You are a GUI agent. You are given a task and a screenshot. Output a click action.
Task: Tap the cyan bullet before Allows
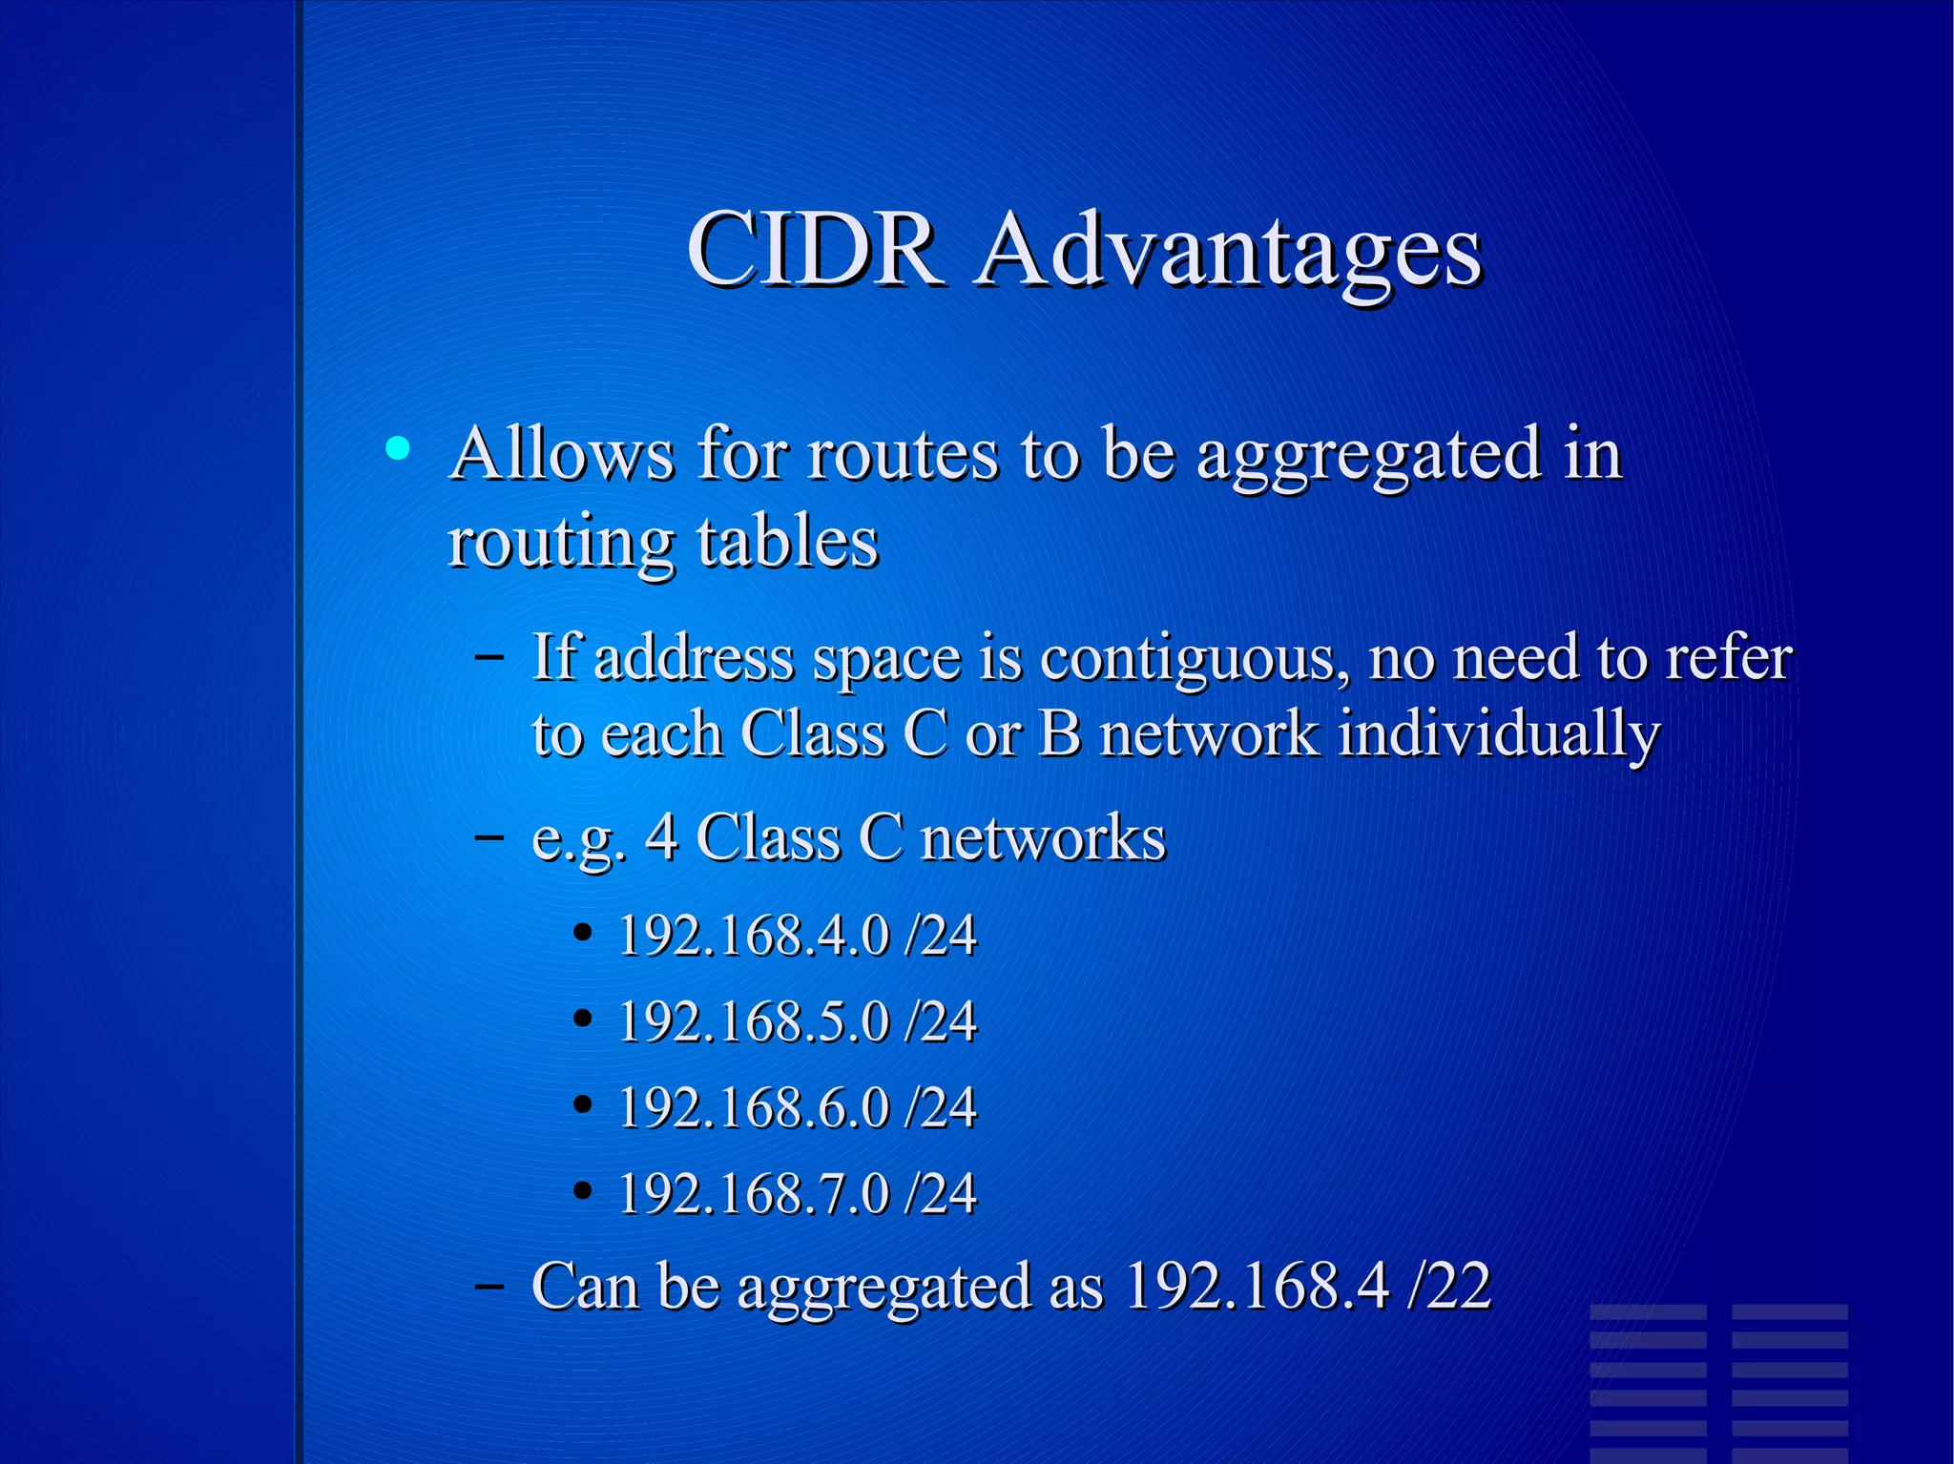[398, 448]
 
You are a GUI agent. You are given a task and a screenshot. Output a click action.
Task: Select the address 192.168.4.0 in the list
[754, 935]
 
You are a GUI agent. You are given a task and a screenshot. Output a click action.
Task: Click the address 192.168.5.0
[754, 1021]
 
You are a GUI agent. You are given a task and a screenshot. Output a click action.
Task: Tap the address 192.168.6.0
[754, 1107]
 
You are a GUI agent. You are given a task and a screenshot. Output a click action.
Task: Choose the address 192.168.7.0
[754, 1193]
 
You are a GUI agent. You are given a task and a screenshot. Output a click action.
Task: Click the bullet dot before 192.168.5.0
[583, 1019]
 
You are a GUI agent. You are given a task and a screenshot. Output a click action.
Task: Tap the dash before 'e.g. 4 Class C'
[489, 836]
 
